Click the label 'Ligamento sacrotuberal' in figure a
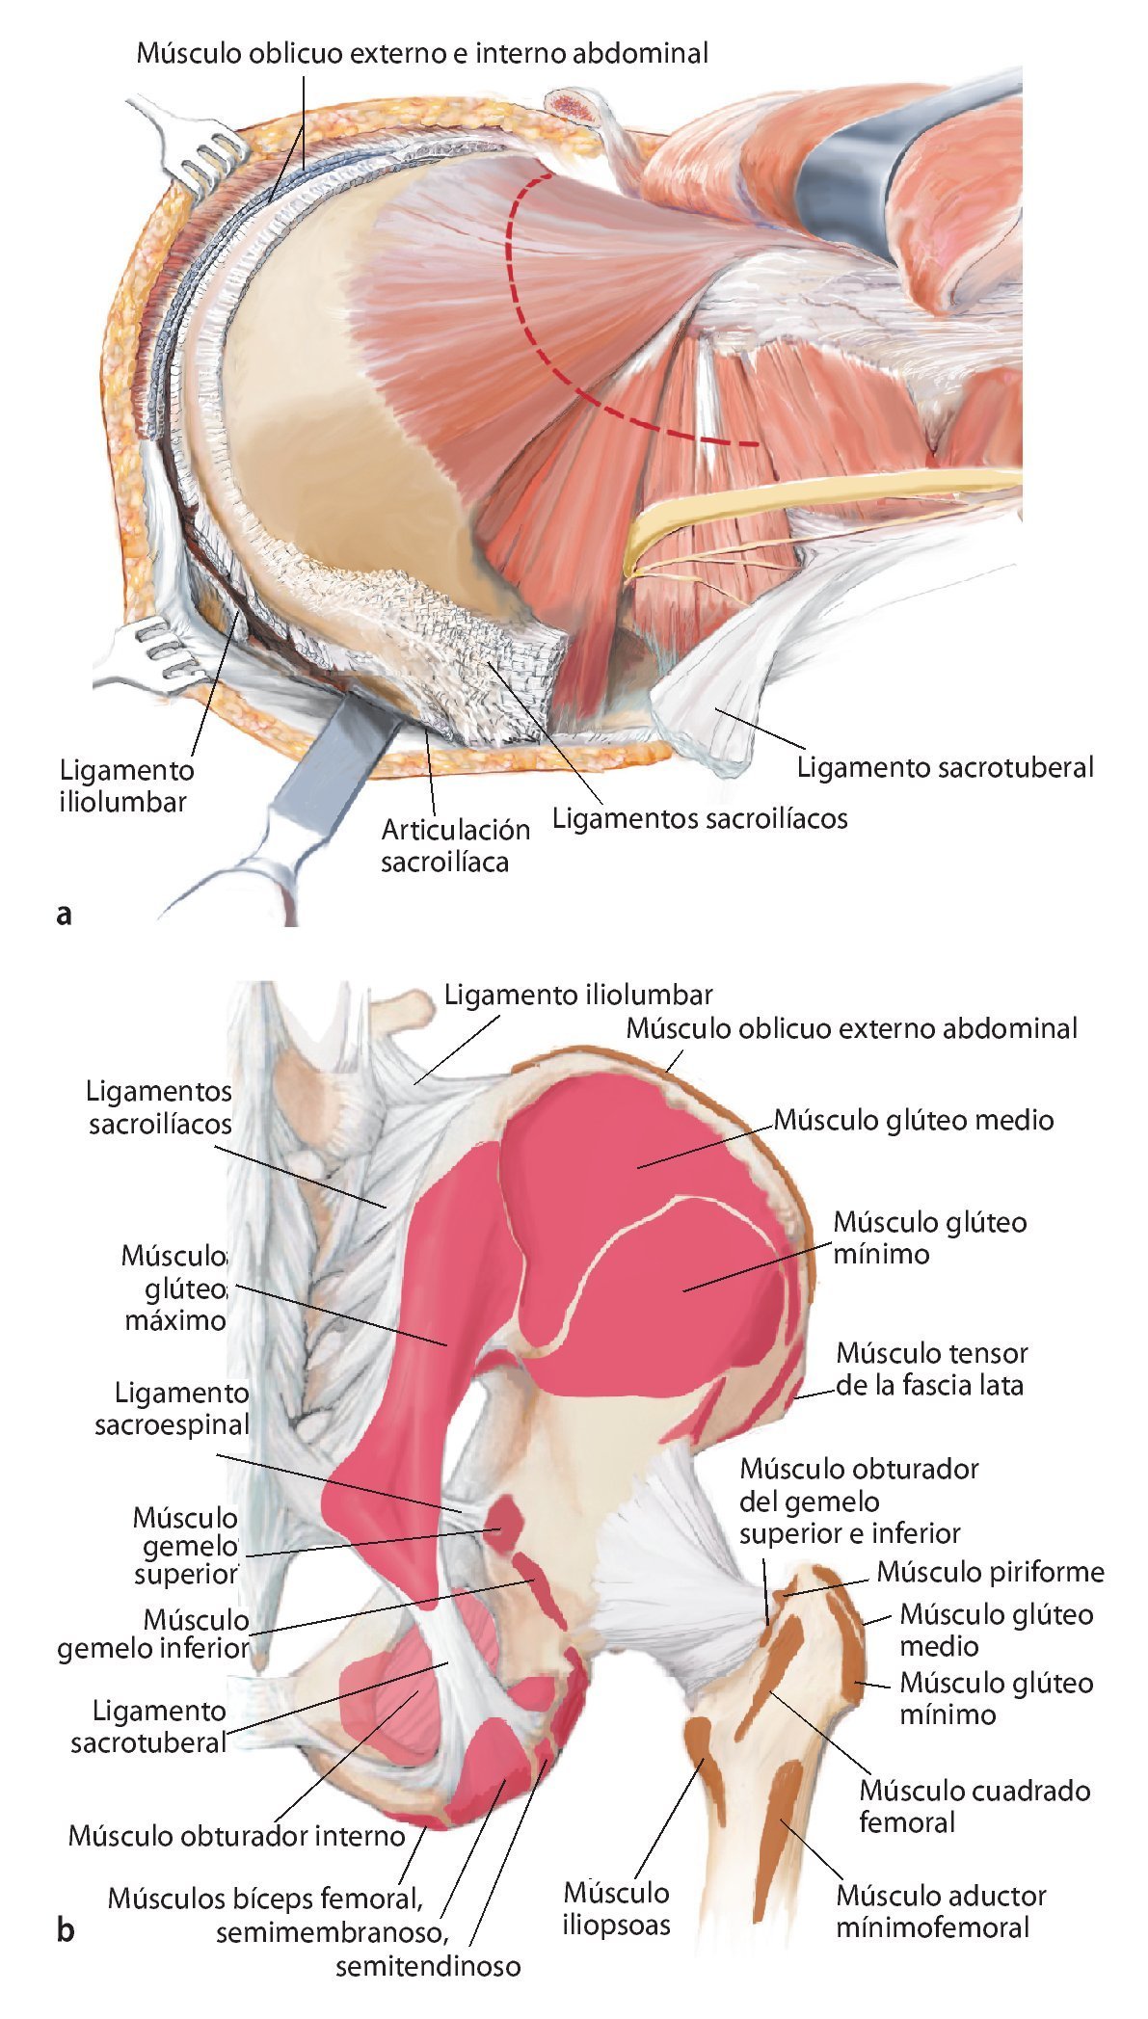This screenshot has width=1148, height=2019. coord(946,767)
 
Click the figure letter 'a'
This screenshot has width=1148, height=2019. coord(65,912)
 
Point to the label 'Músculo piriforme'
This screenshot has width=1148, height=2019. coord(990,1572)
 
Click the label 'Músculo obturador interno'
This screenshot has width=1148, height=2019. coord(237,1835)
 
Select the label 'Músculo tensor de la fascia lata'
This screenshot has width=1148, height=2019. coord(931,1368)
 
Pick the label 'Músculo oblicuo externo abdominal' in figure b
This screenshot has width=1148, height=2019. coord(851,1027)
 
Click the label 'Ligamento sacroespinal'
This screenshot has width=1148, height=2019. coord(172,1408)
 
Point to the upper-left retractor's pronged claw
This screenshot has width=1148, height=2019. coord(203,144)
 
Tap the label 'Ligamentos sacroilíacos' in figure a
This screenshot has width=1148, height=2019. coord(700,818)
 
